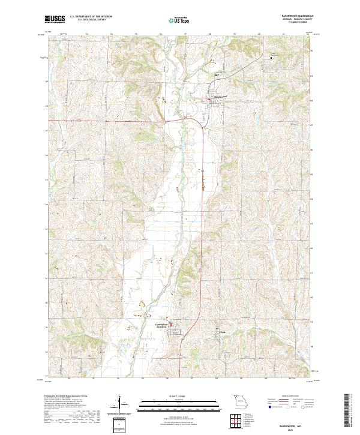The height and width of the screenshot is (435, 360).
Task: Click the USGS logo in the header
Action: [55, 20]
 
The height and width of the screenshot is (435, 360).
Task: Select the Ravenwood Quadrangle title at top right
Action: [293, 17]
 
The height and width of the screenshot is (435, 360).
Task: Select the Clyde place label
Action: [221, 328]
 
